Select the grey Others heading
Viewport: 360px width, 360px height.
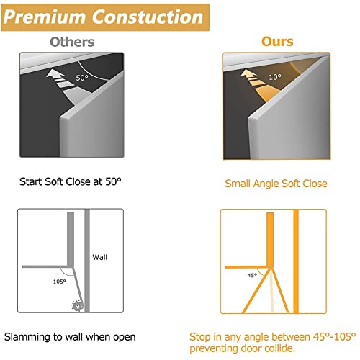tap(71, 42)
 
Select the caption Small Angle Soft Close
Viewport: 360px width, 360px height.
tap(276, 184)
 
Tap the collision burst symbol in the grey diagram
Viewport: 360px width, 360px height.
tap(77, 307)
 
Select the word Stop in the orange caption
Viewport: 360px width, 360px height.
tap(201, 336)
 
